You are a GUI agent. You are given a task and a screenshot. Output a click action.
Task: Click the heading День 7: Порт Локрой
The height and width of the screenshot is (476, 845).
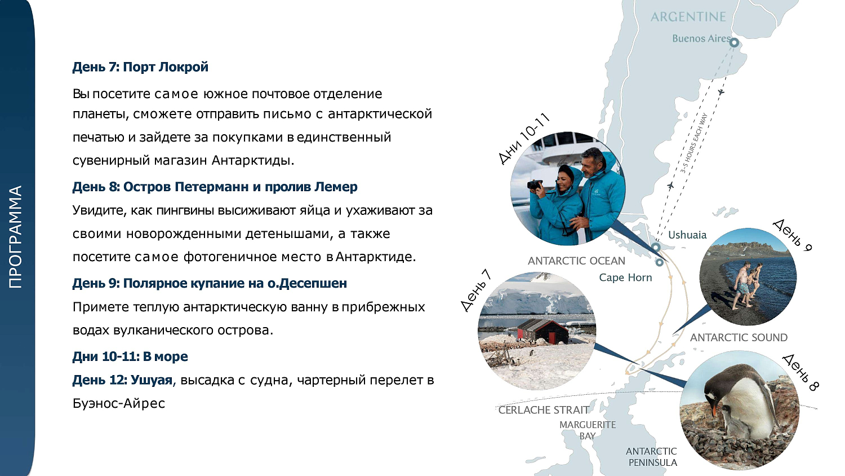[140, 67]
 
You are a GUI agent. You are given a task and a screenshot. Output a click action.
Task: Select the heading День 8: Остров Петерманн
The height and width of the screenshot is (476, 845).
[215, 187]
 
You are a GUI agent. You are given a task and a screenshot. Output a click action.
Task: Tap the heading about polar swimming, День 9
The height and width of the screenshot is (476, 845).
[210, 283]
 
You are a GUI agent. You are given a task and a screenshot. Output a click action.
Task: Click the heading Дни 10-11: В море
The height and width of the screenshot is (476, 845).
[130, 356]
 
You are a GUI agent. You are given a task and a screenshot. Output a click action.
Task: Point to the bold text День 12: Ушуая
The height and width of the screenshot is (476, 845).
[122, 380]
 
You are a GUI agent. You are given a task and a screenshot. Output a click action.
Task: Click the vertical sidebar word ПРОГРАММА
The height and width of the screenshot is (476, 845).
[16, 237]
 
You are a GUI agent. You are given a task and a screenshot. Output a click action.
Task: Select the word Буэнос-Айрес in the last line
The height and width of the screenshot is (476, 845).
[119, 403]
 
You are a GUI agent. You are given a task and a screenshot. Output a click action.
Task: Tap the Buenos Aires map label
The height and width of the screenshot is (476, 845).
[701, 38]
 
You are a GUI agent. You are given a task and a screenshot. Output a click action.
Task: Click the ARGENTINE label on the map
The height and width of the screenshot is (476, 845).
[688, 17]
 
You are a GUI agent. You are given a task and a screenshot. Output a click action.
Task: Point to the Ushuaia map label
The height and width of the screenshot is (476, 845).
[687, 235]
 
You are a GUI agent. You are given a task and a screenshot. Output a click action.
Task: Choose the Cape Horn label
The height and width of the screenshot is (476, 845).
[625, 277]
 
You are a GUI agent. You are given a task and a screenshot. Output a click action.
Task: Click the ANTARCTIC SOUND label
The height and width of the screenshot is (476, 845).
[739, 337]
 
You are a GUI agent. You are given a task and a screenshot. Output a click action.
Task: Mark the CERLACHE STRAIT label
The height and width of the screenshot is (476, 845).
[544, 410]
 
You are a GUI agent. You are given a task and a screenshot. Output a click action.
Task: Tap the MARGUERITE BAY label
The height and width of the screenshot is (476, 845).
[588, 430]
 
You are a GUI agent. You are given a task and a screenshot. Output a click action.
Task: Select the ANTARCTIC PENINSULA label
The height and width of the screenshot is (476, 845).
[652, 457]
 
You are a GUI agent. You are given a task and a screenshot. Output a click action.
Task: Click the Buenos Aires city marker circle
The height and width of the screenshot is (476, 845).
[734, 42]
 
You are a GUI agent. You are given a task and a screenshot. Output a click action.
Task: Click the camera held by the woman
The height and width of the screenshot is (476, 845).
[535, 184]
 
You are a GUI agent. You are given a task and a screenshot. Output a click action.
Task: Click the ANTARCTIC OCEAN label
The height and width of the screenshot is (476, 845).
[576, 261]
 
